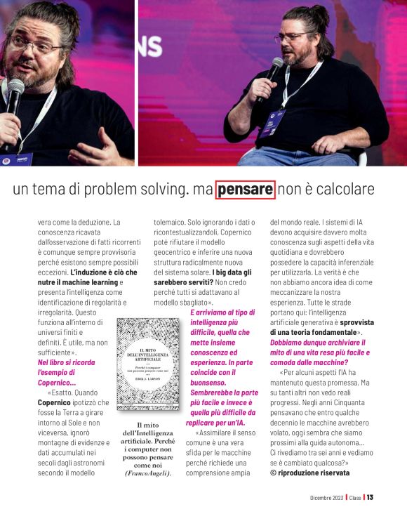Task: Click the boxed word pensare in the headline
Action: click(245, 190)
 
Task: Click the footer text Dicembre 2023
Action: click(326, 498)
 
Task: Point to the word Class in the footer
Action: click(355, 498)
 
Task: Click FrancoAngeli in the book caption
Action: click(147, 473)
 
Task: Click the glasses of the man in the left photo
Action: click(36, 46)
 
